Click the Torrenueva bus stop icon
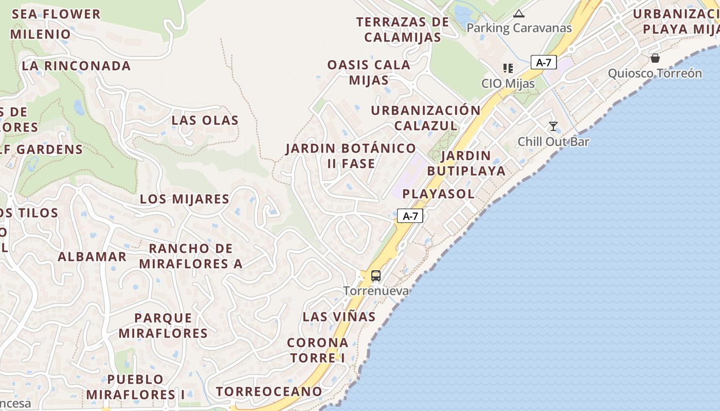376,276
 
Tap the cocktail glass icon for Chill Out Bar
553,126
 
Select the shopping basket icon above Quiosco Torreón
655,58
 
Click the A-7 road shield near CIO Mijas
544,63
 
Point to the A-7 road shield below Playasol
410,216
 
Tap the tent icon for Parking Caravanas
518,14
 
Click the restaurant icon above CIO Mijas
508,68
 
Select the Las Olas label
205,121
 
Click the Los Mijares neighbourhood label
185,199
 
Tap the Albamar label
92,257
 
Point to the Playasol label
438,194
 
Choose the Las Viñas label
339,317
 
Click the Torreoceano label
269,391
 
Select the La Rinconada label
76,66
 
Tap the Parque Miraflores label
163,326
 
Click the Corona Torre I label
317,350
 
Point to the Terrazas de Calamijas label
403,30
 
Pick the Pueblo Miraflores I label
136,387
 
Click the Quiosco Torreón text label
655,73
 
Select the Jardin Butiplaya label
466,163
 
